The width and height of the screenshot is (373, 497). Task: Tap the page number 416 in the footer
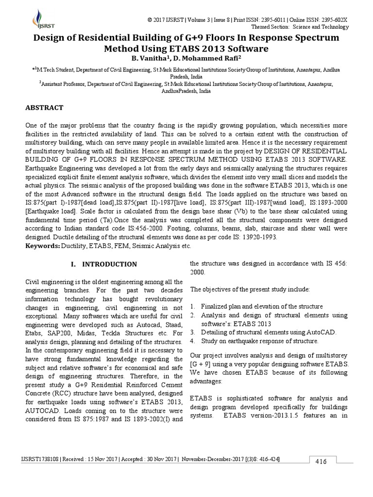click(x=321, y=461)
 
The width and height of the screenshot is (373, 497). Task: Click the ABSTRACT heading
click(x=44, y=107)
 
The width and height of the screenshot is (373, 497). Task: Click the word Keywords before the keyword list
click(x=42, y=247)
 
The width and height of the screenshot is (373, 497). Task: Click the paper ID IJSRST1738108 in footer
click(x=39, y=459)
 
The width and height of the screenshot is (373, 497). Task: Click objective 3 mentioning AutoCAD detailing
click(x=268, y=332)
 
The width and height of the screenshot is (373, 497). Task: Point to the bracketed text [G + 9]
click(x=200, y=364)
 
